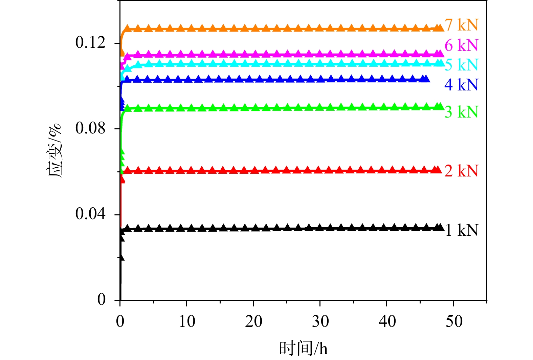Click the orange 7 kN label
tap(461, 25)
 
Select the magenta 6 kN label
tap(461, 45)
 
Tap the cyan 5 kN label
tap(461, 65)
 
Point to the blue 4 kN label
tap(461, 85)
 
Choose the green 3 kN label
tap(461, 112)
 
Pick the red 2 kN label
tap(461, 171)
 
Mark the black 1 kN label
tap(461, 230)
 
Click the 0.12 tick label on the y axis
tap(90, 43)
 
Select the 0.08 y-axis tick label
tap(90, 128)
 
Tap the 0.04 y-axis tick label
tap(90, 214)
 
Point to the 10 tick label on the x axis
tap(187, 321)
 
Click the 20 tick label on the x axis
tap(253, 321)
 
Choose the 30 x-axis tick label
tap(320, 321)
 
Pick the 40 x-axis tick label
tap(387, 321)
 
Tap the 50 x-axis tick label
tap(453, 321)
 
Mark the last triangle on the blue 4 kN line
tap(426, 79)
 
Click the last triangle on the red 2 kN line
tap(438, 170)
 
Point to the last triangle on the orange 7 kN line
tap(440, 28)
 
